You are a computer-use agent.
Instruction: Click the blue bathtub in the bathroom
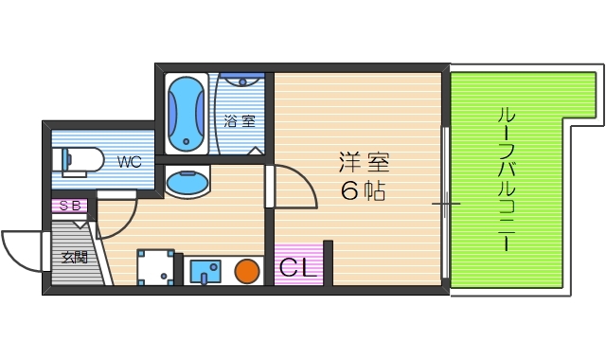[186, 114]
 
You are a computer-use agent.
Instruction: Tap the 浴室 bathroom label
[240, 121]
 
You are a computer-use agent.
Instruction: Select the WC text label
[129, 162]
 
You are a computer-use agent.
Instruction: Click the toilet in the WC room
[81, 161]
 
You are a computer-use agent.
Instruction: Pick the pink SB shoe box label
[69, 205]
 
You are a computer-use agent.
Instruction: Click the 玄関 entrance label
[75, 257]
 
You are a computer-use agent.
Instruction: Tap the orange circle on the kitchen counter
[247, 271]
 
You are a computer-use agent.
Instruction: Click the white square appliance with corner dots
[157, 267]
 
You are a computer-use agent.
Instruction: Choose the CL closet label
[297, 266]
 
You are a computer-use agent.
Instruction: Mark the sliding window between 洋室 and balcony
[445, 203]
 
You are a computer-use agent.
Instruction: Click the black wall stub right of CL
[328, 262]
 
